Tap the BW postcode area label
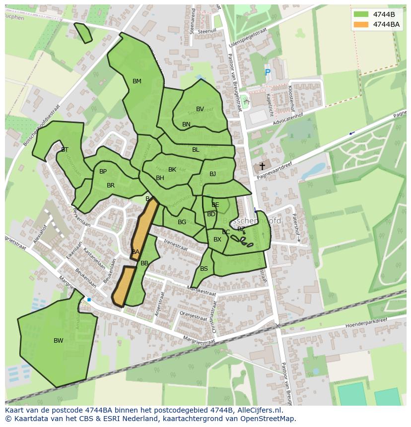click(x=59, y=341)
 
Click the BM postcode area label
click(x=137, y=81)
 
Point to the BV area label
click(x=200, y=109)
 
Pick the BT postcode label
click(x=65, y=149)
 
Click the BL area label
click(x=196, y=150)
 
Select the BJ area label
click(x=212, y=174)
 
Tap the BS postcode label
click(x=204, y=269)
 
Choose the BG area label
click(x=182, y=222)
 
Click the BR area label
click(x=111, y=185)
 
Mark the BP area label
click(x=103, y=172)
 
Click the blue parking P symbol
click(x=268, y=73)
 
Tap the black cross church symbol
click(x=262, y=167)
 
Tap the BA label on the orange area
click(x=136, y=252)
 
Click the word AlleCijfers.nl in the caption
click(x=258, y=410)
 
